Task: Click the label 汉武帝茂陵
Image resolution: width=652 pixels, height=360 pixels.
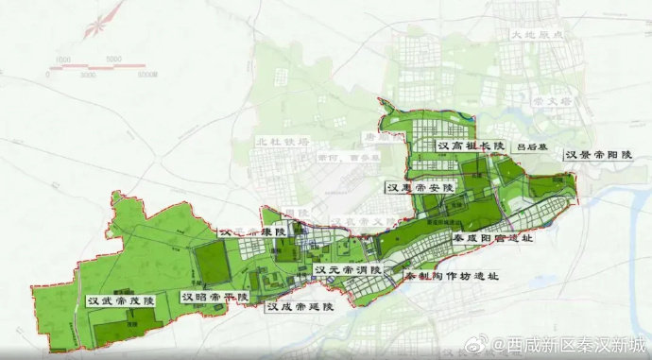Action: (120, 300)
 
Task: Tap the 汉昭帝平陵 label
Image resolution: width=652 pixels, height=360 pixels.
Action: (215, 297)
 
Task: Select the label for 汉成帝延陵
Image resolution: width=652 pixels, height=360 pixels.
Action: (300, 306)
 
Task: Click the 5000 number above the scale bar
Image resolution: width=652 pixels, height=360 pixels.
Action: (115, 60)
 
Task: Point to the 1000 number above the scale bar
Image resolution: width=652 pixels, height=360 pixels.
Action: (64, 60)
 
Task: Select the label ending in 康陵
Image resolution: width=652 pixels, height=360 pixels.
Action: (252, 231)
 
